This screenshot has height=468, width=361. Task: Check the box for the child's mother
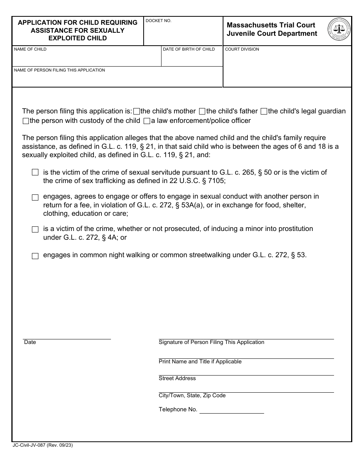(137, 111)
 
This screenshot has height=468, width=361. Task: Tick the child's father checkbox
(202, 111)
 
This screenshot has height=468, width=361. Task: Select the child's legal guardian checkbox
(264, 111)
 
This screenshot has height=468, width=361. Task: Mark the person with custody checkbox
(26, 121)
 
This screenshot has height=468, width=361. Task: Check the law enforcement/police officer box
(147, 121)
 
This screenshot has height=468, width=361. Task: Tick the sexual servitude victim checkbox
(35, 173)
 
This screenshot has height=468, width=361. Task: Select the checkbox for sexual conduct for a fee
(35, 197)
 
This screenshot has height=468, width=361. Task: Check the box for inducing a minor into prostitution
(35, 229)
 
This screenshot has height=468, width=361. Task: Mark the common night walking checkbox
(35, 256)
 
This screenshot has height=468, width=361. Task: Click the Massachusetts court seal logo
(339, 29)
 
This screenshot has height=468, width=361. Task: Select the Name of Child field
(87, 59)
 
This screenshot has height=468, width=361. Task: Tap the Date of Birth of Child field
(192, 59)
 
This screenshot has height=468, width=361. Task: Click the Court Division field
(287, 68)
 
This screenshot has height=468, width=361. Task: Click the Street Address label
(177, 379)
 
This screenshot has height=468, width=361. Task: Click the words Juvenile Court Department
(272, 33)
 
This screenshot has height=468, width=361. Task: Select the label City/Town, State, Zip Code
(192, 396)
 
